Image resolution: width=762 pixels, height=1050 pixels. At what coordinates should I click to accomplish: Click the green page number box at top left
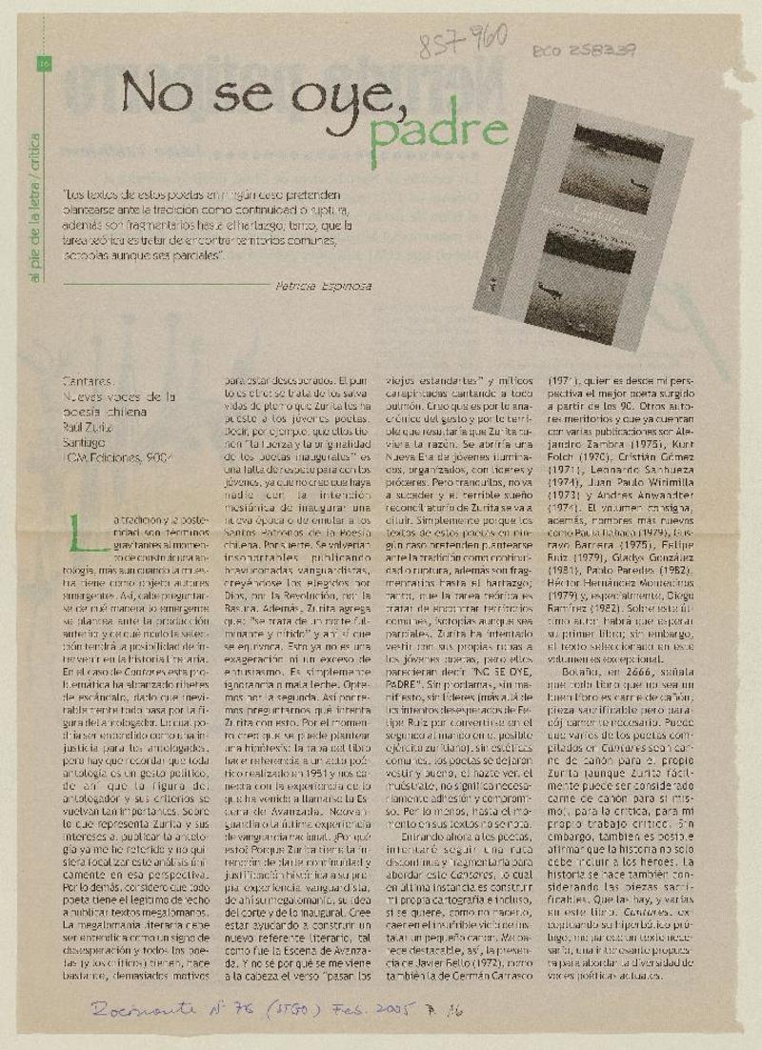click(43, 64)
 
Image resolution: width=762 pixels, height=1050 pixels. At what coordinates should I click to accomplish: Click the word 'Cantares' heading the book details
click(86, 379)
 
